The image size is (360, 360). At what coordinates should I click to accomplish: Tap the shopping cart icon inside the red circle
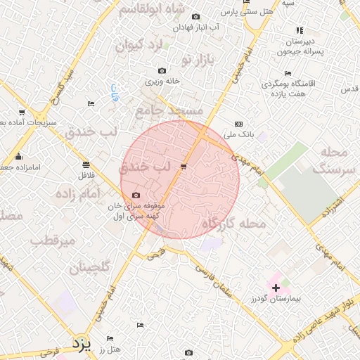click(184, 167)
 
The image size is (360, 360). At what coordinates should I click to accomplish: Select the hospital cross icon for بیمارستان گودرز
click(276, 288)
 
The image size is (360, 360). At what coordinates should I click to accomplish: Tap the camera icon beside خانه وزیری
click(162, 70)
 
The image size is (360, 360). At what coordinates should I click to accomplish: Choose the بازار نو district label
click(196, 59)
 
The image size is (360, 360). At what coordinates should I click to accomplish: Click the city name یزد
click(82, 344)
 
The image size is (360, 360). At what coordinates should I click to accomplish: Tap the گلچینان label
click(89, 267)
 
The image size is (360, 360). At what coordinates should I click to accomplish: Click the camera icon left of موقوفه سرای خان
click(136, 195)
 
